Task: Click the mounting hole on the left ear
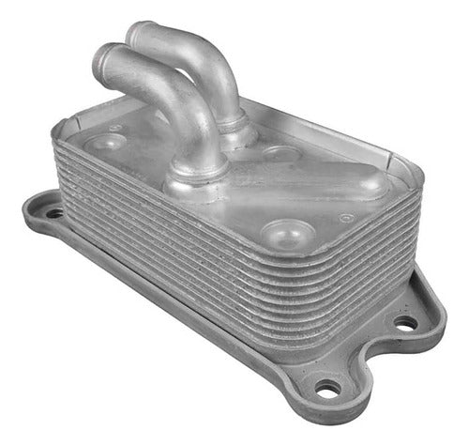pos(54,213)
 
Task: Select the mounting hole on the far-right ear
pos(406,322)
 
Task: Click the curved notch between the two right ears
pos(375,361)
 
